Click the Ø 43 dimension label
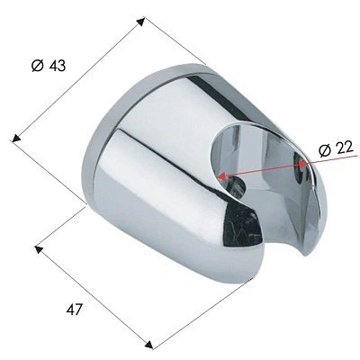pyautogui.click(x=48, y=67)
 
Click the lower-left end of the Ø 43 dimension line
pyautogui.click(x=11, y=139)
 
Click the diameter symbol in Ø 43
pyautogui.click(x=36, y=67)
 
